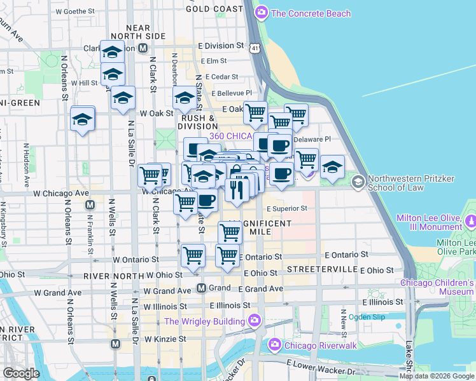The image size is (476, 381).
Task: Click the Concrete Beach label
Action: (x=311, y=13)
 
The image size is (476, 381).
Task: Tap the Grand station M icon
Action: (x=201, y=288)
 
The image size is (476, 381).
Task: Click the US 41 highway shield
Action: (x=255, y=48)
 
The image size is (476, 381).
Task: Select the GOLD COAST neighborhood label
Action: (x=214, y=9)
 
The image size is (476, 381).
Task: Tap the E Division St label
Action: (x=221, y=46)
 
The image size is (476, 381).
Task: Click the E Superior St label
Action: (x=287, y=208)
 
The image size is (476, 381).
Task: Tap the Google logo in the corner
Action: (x=21, y=373)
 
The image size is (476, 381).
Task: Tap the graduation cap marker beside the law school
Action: (x=332, y=167)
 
